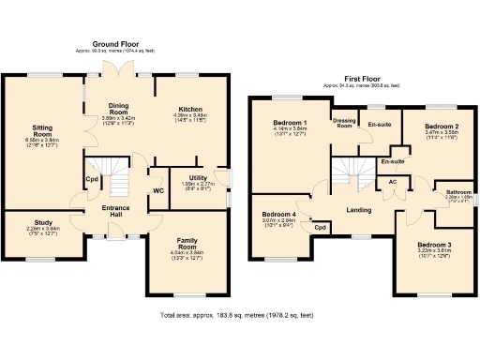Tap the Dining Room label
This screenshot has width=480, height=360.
(x=117, y=111)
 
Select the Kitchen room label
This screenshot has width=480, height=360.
(x=190, y=109)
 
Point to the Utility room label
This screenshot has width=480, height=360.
(x=197, y=177)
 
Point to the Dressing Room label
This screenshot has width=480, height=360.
(x=344, y=123)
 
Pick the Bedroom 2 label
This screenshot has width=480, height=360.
(x=441, y=126)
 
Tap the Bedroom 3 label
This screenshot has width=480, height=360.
(x=434, y=246)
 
